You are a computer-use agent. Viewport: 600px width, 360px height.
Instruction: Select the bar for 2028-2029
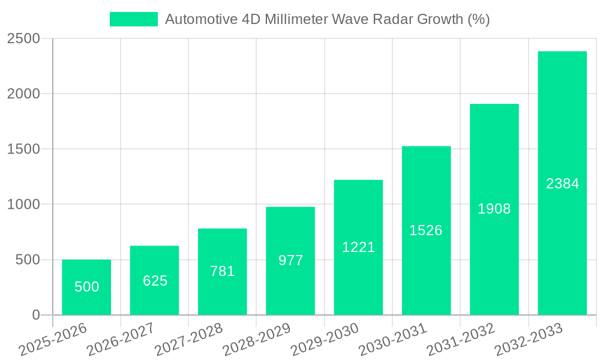[290, 261]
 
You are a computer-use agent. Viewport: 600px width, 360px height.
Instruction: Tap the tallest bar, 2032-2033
[562, 183]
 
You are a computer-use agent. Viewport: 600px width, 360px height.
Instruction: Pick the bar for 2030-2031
[426, 230]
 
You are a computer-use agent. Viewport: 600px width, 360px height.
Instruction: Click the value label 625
[155, 280]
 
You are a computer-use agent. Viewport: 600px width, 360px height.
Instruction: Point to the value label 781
[223, 271]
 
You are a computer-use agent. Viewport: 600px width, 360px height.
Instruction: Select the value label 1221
[358, 247]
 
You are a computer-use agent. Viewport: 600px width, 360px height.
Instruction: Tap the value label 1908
[494, 209]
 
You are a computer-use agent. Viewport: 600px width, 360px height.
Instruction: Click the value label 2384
[562, 184]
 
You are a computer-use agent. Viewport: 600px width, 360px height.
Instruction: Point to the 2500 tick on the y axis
[23, 39]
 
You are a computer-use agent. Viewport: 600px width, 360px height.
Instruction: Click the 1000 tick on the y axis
[23, 205]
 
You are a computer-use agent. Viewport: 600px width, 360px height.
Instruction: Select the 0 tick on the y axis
[35, 315]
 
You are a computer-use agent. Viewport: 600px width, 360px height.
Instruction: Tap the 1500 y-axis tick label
[23, 149]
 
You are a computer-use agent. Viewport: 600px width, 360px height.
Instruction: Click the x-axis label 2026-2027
[120, 339]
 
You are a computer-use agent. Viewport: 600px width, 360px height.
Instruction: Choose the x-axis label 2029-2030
[324, 339]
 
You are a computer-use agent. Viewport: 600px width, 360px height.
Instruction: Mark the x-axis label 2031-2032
[460, 339]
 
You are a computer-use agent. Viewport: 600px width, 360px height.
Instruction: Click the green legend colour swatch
[133, 19]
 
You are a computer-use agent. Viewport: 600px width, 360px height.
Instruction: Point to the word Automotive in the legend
[201, 19]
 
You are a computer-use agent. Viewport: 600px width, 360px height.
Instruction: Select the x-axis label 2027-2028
[188, 339]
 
